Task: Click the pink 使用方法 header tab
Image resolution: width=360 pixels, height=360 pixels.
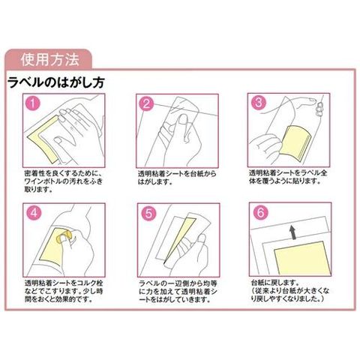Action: (x=49, y=59)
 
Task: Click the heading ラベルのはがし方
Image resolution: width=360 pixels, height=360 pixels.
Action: (x=56, y=82)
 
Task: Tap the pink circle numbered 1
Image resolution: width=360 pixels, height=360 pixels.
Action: (x=33, y=103)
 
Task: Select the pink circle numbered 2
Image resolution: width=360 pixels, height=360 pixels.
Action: (x=146, y=103)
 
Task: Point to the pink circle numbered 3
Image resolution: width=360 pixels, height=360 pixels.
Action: (x=259, y=103)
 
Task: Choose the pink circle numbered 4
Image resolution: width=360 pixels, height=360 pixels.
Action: (x=34, y=213)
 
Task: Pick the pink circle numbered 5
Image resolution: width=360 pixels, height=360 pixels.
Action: (x=148, y=214)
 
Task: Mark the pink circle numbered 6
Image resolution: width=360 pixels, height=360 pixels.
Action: (x=260, y=213)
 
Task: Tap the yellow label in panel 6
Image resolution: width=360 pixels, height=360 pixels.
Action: (x=302, y=257)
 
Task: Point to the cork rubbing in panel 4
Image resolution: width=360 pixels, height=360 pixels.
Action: (x=64, y=236)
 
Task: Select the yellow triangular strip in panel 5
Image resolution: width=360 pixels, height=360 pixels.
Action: (x=179, y=238)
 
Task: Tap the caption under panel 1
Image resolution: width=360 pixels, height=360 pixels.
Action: (x=64, y=181)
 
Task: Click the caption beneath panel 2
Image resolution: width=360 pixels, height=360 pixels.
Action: (x=177, y=178)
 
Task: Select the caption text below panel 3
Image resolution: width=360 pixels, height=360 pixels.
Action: (x=288, y=177)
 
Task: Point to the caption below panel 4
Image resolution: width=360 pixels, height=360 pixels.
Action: (x=64, y=291)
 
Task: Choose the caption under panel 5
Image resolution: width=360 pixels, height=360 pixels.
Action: (x=178, y=292)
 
